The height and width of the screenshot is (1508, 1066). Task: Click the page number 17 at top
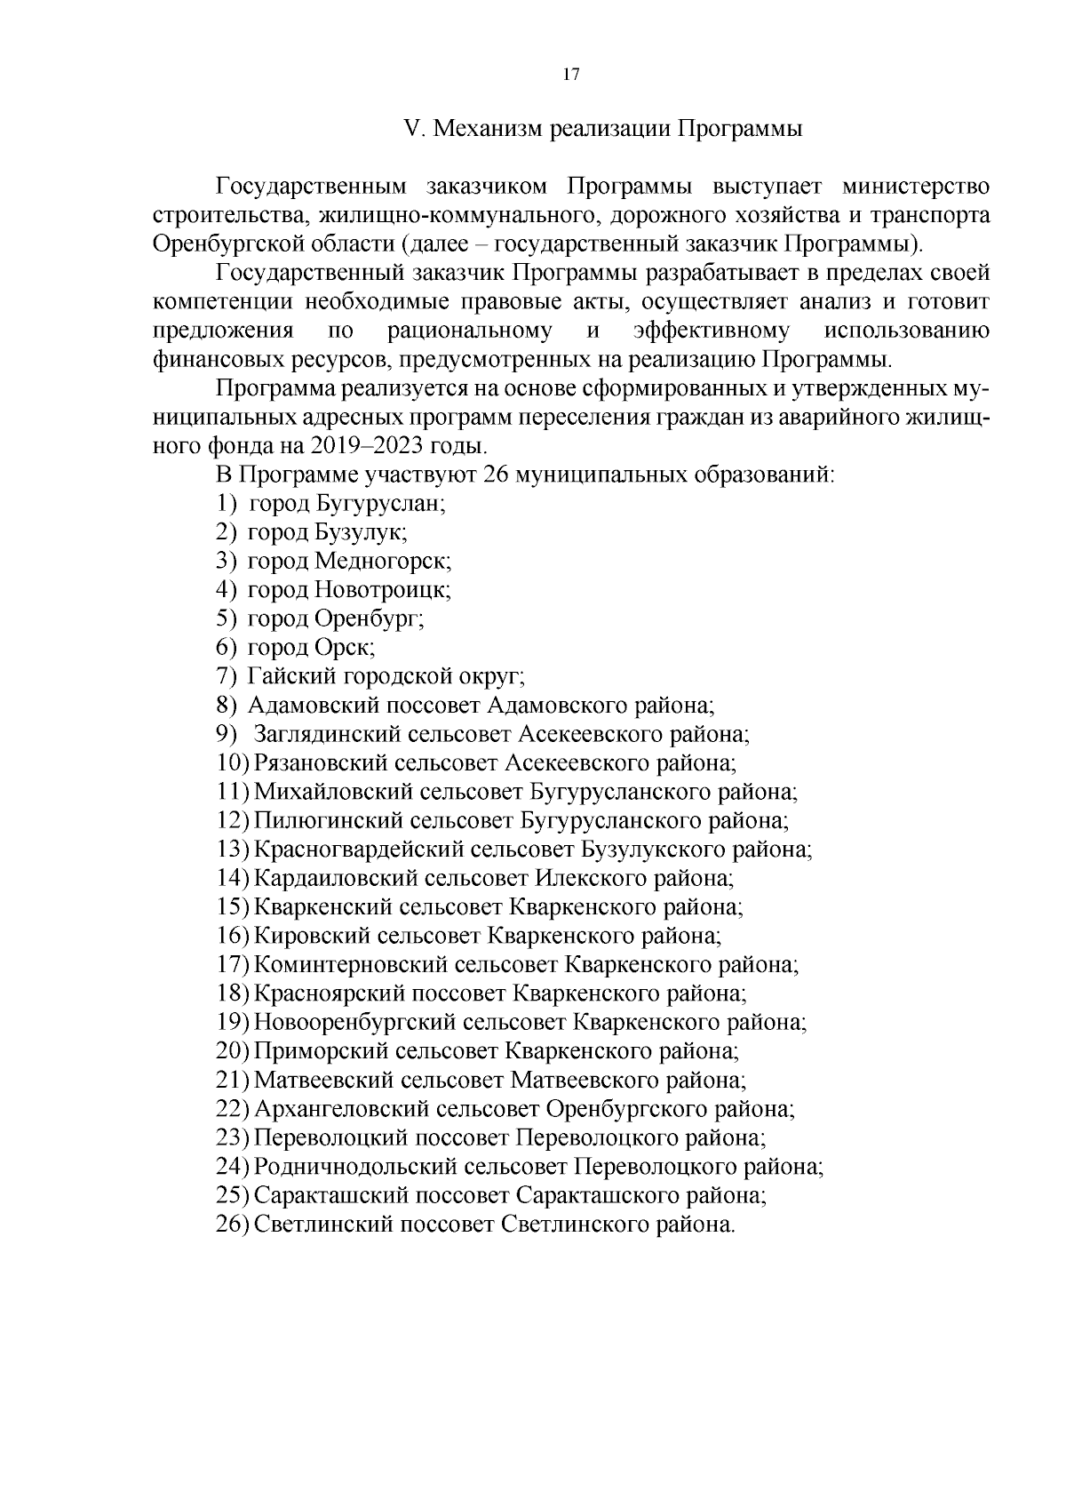click(x=571, y=76)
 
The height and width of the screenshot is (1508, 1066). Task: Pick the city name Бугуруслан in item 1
click(x=379, y=504)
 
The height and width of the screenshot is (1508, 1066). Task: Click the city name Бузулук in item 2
click(x=360, y=532)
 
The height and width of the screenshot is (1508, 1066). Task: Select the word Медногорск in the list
click(x=383, y=562)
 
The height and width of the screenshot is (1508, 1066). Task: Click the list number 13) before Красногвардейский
click(x=233, y=850)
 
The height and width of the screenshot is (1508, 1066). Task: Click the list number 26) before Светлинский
click(x=233, y=1225)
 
